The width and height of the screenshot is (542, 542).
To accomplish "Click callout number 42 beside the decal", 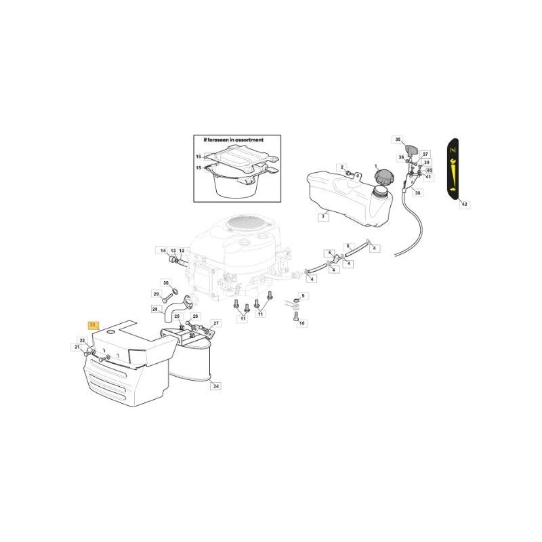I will point(464,204).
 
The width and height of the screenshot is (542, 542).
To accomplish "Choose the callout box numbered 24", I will point(215,387).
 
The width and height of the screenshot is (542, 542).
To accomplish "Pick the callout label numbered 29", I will point(155,294).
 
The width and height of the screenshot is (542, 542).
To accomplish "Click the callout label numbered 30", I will point(166,283).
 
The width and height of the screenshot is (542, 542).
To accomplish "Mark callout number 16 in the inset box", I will point(199,156).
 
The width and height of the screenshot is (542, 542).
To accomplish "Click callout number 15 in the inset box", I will point(199,167).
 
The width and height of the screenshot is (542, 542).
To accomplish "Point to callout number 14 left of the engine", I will point(163,251).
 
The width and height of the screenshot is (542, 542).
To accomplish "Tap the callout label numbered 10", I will point(302,324).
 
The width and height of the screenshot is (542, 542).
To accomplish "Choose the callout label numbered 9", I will point(303,296).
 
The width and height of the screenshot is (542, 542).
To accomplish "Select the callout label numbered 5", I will point(348,246).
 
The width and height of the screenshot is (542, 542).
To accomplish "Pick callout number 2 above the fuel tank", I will point(343,167).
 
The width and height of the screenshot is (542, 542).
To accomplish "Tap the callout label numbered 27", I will point(216,323).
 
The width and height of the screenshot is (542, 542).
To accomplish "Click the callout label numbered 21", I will point(77,347).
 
